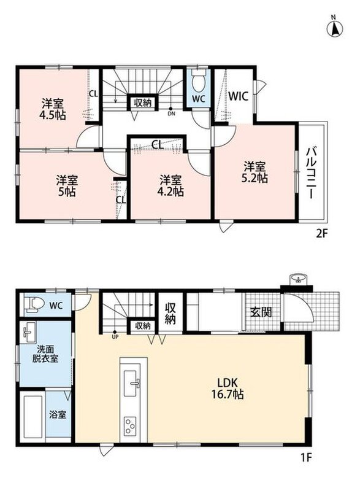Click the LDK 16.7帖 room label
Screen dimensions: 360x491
coord(228,389)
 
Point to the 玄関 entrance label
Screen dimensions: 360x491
coord(261,312)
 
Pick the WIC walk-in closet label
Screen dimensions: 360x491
coord(239,96)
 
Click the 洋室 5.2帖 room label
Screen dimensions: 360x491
coord(255,172)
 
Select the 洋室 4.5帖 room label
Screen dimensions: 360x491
coord(53,109)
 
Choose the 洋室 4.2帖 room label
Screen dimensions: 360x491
coord(170,186)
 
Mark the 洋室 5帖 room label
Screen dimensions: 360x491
coord(67,186)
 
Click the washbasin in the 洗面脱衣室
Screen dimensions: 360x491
coord(29,333)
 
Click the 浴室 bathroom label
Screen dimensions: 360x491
coord(58,415)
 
